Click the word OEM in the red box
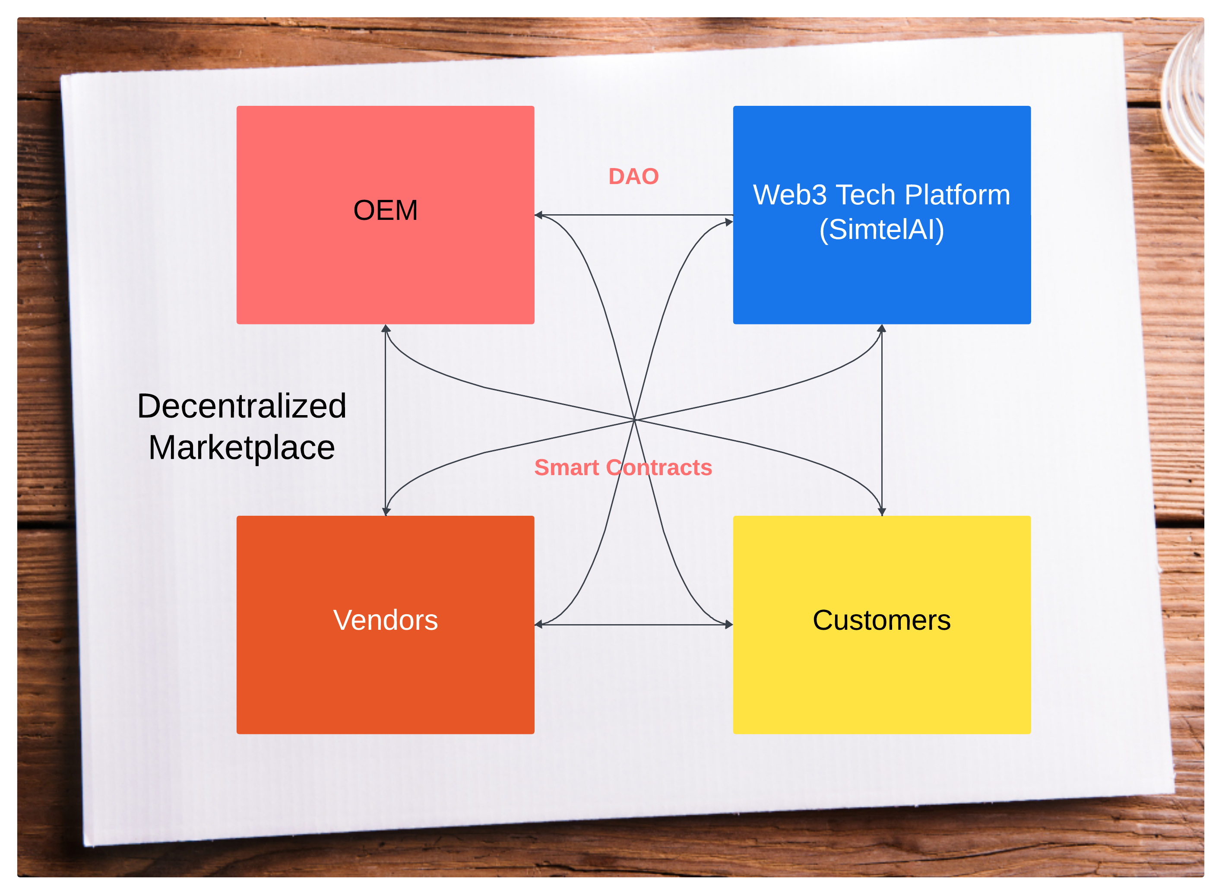click(385, 210)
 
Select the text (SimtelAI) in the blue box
click(881, 230)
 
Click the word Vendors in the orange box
click(385, 620)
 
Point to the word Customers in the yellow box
click(881, 620)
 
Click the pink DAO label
click(633, 177)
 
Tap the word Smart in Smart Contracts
click(567, 467)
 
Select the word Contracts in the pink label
click(659, 467)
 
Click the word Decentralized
click(241, 406)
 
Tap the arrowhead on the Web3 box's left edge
click(729, 222)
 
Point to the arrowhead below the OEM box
click(386, 328)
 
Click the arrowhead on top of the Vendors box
click(386, 511)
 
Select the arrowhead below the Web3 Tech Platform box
click(881, 328)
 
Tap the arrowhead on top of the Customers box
click(881, 511)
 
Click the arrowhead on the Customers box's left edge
click(729, 625)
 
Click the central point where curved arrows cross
click(634, 420)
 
